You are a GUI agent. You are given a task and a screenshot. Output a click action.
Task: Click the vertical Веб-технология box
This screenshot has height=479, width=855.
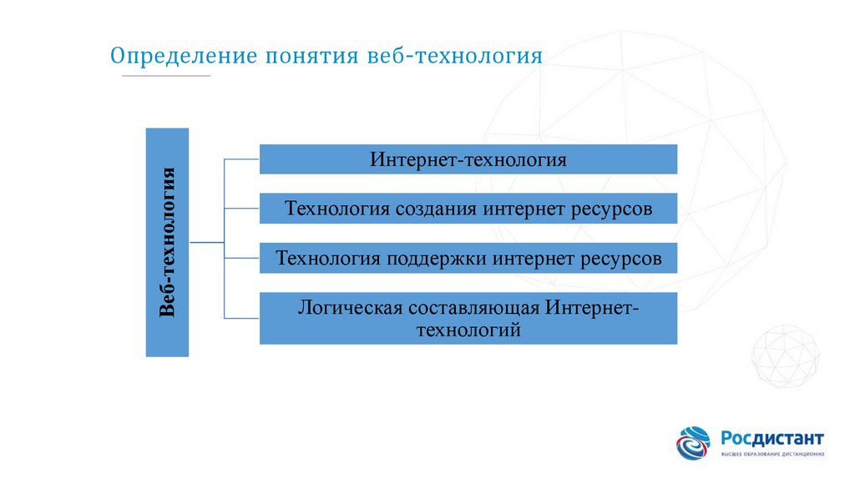[x=167, y=242]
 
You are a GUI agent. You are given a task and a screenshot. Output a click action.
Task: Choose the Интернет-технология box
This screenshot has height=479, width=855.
[x=468, y=159]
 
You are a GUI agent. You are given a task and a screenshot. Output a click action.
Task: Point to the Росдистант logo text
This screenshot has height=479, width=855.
[x=772, y=438]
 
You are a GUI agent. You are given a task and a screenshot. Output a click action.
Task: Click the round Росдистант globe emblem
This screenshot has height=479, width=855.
[x=693, y=443]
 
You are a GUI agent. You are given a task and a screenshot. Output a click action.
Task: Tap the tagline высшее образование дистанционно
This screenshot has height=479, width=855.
[x=772, y=455]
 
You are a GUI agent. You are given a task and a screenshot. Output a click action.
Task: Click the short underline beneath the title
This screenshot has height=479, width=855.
[x=166, y=76]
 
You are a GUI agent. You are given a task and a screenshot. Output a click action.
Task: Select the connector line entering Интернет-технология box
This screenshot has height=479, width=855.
[x=242, y=158]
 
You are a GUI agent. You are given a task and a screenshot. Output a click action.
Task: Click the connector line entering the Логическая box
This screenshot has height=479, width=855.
[x=242, y=318]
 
